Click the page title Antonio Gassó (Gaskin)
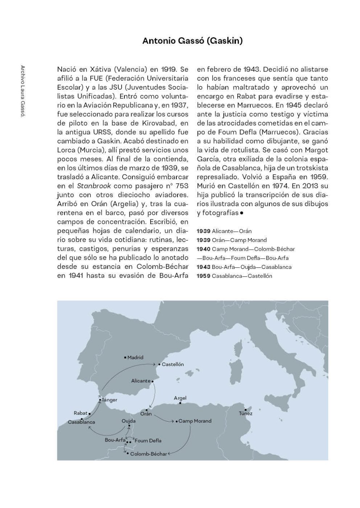192,41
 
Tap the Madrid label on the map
135,357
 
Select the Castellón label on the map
173,364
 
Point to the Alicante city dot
153,381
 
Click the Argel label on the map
180,398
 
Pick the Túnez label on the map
246,413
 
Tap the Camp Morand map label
195,421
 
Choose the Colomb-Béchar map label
148,454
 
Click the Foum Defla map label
148,441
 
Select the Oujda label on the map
129,421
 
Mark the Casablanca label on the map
81,422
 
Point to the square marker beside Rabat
90,413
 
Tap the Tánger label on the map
110,400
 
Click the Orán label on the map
146,414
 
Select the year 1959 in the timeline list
203,276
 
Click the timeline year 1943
203,267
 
